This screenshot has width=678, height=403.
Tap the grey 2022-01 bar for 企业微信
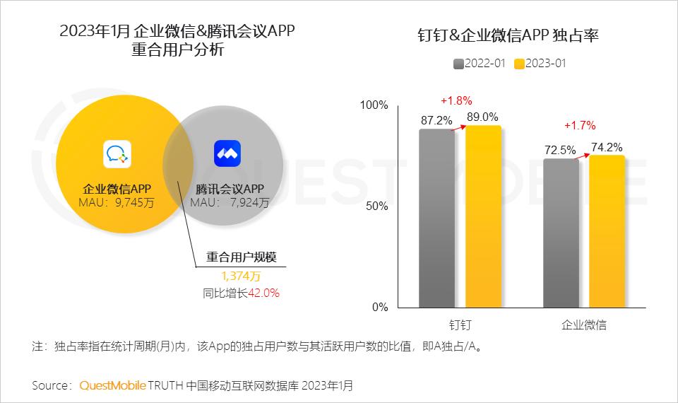tap(561, 233)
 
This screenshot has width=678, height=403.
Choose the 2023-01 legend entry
tap(540, 64)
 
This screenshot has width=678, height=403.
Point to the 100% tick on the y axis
tap(374, 105)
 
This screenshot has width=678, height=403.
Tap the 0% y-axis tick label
tap(380, 308)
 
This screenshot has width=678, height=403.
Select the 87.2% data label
tap(436, 120)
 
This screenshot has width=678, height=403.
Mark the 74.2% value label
tap(607, 147)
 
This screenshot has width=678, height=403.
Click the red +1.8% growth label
tap(456, 100)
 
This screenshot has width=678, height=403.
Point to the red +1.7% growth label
tap(580, 126)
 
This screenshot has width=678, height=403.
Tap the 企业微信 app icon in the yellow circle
tap(119, 153)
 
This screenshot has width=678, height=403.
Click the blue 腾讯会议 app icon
tap(227, 153)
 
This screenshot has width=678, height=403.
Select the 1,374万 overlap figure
tap(241, 276)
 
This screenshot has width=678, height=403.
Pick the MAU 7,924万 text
tap(230, 203)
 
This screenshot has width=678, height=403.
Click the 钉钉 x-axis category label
tap(460, 325)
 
